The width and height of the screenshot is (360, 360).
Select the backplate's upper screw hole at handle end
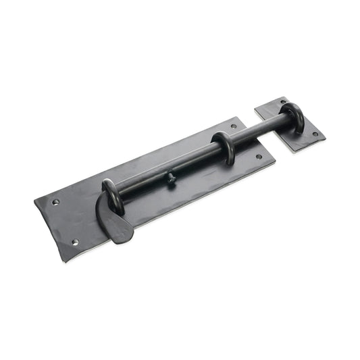pyautogui.click(x=55, y=201)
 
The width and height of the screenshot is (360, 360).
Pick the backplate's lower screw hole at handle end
pyautogui.click(x=75, y=242)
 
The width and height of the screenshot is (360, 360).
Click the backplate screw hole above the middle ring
pyautogui.click(x=234, y=126)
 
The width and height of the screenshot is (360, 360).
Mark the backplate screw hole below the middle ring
pyautogui.click(x=259, y=157)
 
